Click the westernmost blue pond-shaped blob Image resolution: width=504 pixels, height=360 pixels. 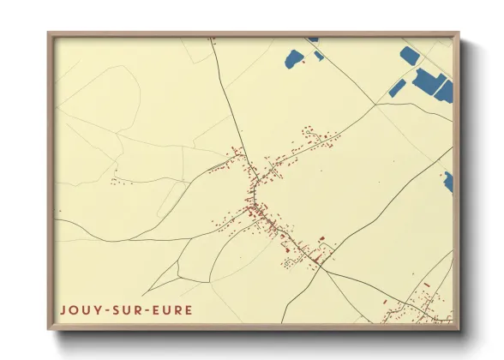coord(294,58)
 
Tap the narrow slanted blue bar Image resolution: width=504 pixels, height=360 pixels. coord(396,87)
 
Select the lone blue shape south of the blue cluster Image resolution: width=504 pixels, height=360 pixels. coord(447,181)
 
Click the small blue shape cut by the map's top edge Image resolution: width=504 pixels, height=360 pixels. coord(313,39)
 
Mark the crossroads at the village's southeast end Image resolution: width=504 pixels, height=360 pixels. coord(322,268)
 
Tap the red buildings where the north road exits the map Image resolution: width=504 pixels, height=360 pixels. coord(212,39)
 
